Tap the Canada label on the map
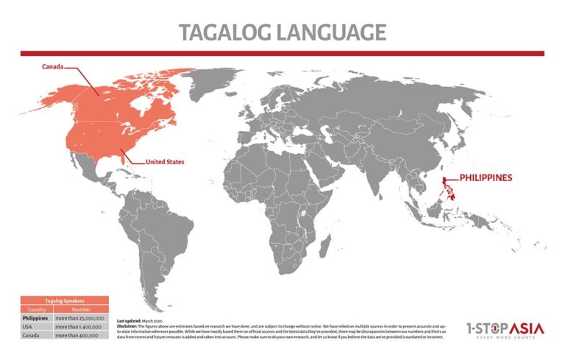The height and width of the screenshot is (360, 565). click(x=51, y=66)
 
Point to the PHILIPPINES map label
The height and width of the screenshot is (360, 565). click(x=486, y=178)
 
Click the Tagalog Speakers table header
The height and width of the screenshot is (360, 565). click(x=64, y=300)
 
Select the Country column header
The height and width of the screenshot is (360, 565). click(x=36, y=309)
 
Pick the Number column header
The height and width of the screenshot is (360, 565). click(x=81, y=309)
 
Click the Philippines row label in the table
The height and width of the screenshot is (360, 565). click(x=36, y=318)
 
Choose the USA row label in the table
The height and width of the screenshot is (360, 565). click(x=36, y=326)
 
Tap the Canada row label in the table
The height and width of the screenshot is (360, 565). click(x=36, y=335)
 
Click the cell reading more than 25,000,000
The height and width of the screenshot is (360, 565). click(x=81, y=318)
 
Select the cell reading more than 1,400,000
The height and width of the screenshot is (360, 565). click(x=81, y=326)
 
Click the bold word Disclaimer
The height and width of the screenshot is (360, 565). click(x=130, y=326)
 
